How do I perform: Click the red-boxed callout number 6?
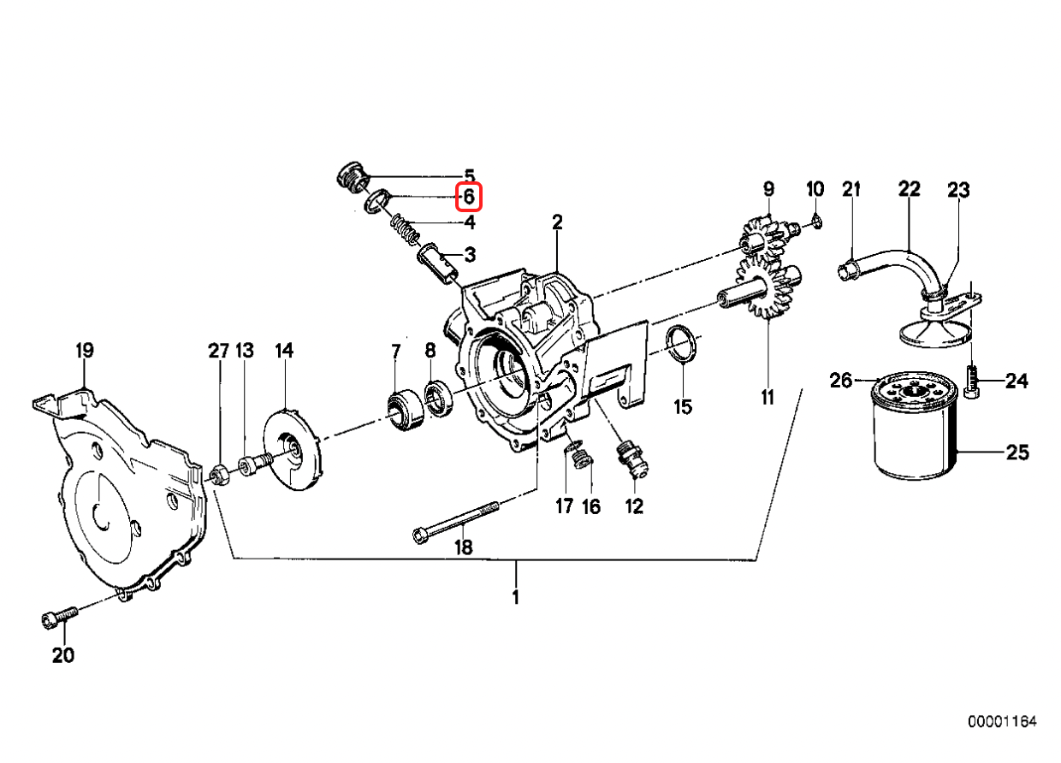pyautogui.click(x=469, y=198)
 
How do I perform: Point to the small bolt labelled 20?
pyautogui.click(x=58, y=618)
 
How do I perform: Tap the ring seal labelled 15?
pyautogui.click(x=680, y=345)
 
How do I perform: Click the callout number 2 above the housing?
pyautogui.click(x=557, y=222)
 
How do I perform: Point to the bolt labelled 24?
pyautogui.click(x=970, y=380)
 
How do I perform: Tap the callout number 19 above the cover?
pyautogui.click(x=84, y=350)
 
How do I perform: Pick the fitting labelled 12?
pyautogui.click(x=631, y=460)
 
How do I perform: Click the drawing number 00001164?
pyautogui.click(x=1002, y=723)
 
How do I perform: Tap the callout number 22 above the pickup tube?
pyautogui.click(x=909, y=189)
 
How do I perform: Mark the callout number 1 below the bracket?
pyautogui.click(x=515, y=596)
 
